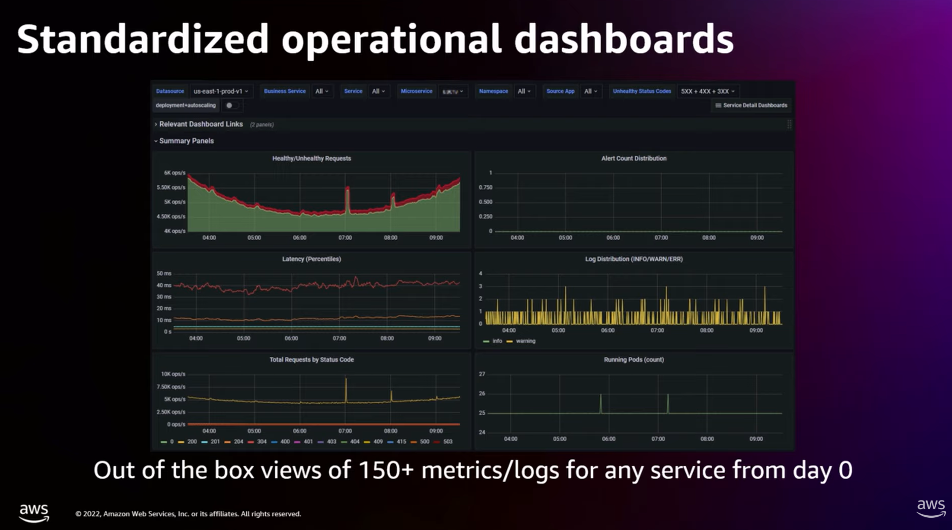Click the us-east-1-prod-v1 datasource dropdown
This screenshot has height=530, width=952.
click(221, 91)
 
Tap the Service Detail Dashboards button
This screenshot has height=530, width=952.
click(751, 106)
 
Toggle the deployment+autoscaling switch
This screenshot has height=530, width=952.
click(232, 106)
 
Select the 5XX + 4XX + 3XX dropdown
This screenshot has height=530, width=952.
click(707, 91)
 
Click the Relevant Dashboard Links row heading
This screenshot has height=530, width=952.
click(201, 124)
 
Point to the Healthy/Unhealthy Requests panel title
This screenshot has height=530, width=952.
click(312, 158)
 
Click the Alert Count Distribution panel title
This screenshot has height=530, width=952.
click(634, 158)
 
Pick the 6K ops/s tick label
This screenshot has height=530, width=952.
click(175, 173)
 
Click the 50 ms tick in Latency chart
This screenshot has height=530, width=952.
click(164, 274)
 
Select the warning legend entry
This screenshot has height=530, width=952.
click(525, 341)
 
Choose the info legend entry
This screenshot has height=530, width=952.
click(496, 341)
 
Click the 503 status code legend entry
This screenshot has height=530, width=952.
click(447, 442)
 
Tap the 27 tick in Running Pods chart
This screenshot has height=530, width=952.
click(482, 374)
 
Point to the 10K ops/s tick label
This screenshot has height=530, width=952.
click(173, 374)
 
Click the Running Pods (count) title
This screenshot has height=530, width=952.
click(634, 359)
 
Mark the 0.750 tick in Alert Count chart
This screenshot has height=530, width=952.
click(486, 188)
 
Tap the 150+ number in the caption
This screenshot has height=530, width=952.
click(386, 470)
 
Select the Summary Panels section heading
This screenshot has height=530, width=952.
click(186, 141)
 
